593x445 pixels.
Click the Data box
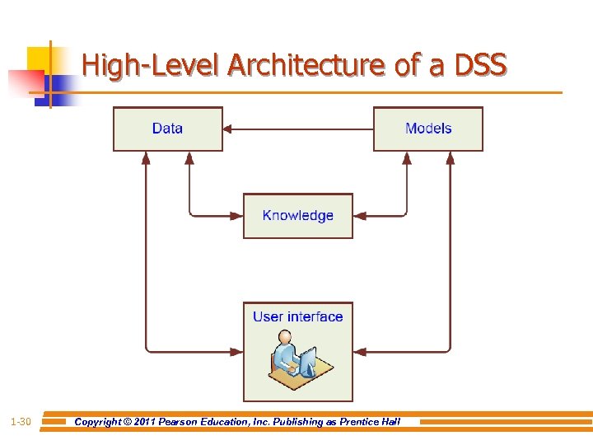coord(168,129)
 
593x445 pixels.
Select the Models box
coord(428,129)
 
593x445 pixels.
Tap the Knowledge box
coord(297,216)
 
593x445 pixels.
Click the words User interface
coord(297,316)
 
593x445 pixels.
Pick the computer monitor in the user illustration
coord(307,360)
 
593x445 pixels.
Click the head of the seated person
coord(285,338)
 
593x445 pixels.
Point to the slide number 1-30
coord(21,422)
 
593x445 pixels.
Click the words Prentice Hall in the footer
coord(369,422)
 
